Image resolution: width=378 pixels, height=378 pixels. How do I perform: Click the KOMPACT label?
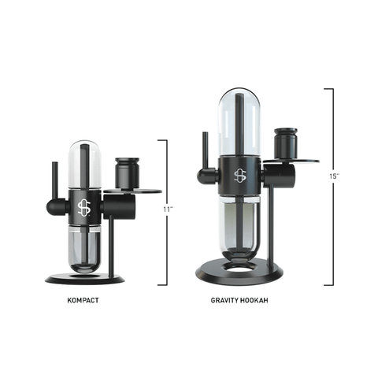click(84, 300)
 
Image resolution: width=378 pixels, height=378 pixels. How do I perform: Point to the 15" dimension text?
click(335, 176)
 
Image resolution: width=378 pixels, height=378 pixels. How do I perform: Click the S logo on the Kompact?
click(84, 207)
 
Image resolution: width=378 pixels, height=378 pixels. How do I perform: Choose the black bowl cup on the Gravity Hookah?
click(286, 144)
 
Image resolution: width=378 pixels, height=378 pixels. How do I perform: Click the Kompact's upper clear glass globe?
click(84, 164)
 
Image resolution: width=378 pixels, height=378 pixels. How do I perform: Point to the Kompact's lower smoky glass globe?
click(84, 247)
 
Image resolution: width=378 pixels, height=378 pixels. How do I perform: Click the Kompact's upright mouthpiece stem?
click(54, 180)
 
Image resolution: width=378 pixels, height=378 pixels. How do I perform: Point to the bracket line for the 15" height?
click(331, 236)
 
